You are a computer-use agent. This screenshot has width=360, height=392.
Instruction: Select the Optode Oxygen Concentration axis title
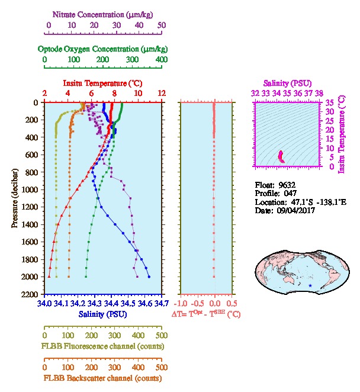(102, 48)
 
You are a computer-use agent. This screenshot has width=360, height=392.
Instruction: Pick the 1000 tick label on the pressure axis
(30, 189)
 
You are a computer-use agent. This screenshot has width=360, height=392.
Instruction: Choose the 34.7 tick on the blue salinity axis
(161, 304)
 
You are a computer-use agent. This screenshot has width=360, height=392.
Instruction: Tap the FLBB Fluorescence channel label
(102, 346)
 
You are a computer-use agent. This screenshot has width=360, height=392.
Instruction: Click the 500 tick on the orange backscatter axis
(161, 367)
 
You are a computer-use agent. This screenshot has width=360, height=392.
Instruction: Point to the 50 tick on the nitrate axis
(161, 25)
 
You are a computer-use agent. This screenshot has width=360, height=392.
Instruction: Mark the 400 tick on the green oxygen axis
(161, 60)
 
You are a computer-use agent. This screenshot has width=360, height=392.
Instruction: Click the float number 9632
(287, 185)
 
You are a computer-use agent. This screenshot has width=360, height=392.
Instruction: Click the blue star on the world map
(310, 286)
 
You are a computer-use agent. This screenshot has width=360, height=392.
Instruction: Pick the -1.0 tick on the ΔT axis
(181, 304)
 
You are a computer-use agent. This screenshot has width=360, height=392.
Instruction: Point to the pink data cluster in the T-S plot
(281, 157)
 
